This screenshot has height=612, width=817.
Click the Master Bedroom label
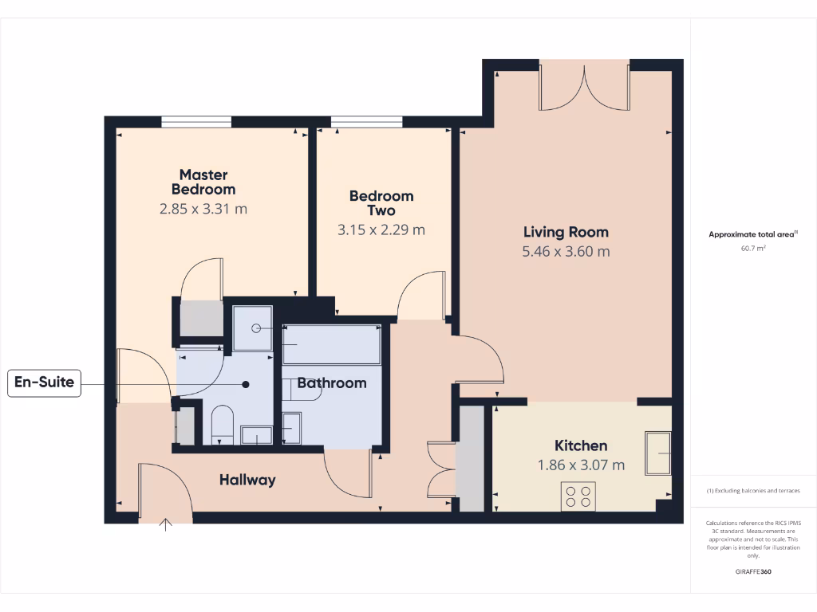pos(203,182)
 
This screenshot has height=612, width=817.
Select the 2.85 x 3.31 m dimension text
pos(203,210)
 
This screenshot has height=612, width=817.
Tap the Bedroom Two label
pos(381,203)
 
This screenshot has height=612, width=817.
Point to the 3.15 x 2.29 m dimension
pos(381,230)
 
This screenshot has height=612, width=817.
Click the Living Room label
pos(566,232)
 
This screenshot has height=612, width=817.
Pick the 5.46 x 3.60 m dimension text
pos(566,252)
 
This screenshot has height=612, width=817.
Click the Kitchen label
pos(581,445)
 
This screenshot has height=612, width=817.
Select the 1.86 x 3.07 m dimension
pos(581,465)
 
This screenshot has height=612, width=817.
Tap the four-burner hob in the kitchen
pos(578,496)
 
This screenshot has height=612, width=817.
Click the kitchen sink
pos(659,453)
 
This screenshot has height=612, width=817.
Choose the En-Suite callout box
pos(45,383)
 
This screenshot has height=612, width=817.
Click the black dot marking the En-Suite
pos(246,384)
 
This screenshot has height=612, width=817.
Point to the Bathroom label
pos(332,383)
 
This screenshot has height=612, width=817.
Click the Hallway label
pos(247,480)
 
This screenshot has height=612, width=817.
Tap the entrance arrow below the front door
pos(167,524)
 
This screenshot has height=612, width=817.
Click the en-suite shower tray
pos(252,328)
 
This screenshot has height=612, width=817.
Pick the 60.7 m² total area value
pos(754,249)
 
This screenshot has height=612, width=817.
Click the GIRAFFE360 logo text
pos(754,571)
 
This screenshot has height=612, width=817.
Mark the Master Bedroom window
pos(196,122)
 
